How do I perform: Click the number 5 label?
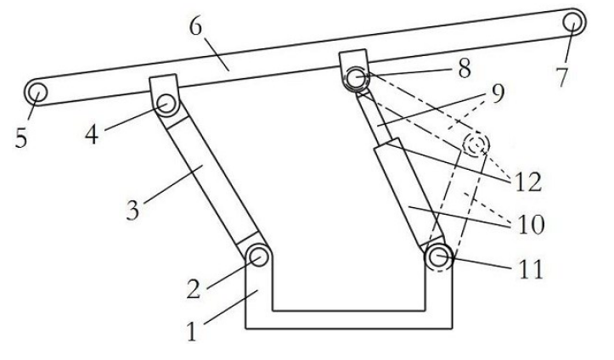pos(21,138)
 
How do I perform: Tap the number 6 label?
pos(196,27)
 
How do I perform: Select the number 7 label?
pos(562,76)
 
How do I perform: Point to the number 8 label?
pos(465,69)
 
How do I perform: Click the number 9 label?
pos(498,93)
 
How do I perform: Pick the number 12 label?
pos(528,182)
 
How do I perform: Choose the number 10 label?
pos(531,225)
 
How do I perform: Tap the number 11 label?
pos(531,269)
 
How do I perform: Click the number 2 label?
pos(194,290)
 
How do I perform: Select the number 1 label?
pos(191,331)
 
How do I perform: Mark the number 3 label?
pos(132,211)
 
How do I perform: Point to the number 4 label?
pos(92,135)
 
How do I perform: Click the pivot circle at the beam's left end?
pos(37,93)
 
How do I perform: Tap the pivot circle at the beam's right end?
pos(573,22)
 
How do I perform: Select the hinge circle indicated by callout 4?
pos(166,104)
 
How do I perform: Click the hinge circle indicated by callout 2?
pos(258,256)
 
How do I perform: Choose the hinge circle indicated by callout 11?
pos(439,257)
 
